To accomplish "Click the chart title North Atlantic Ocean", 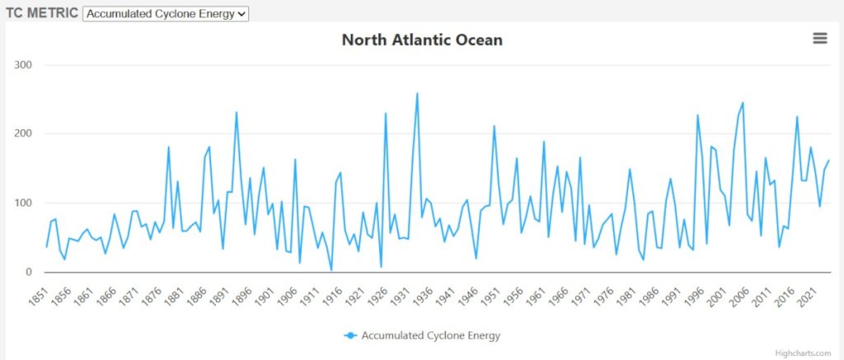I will point(422,40).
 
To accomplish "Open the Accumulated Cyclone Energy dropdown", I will point(166,14).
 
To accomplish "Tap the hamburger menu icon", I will point(819,38).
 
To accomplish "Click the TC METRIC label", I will point(42,14).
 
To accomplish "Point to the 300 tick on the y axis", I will point(22,64).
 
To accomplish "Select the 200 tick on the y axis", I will point(22,133).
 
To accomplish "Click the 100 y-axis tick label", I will point(22,203).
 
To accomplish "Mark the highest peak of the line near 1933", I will point(417,93).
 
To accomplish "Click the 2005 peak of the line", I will point(743,103).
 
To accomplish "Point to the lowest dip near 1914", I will point(331,270).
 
